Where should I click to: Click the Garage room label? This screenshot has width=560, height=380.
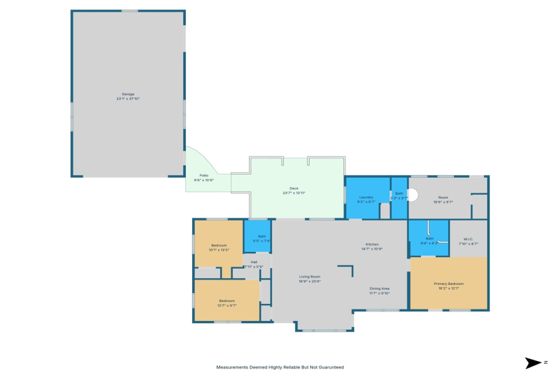[x=128, y=94]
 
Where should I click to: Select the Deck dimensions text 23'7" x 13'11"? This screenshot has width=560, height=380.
[x=294, y=193]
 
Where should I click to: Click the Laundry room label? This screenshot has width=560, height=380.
[x=366, y=197]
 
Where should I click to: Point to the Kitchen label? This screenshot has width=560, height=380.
[x=372, y=244]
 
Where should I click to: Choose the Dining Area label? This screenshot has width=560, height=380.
[x=379, y=288]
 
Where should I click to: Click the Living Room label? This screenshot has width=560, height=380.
[x=310, y=276]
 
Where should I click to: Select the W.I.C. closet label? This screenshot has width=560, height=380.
[x=468, y=239]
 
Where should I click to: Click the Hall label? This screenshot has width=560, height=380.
[x=254, y=262]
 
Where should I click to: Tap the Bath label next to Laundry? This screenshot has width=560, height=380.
[x=399, y=194]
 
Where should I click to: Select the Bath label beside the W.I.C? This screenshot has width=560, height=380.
[x=430, y=238]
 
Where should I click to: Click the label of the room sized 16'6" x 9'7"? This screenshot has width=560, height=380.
[x=443, y=197]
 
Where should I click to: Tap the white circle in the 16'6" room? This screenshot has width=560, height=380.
[x=412, y=195]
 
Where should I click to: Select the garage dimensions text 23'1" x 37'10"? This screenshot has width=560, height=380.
[x=128, y=99]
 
